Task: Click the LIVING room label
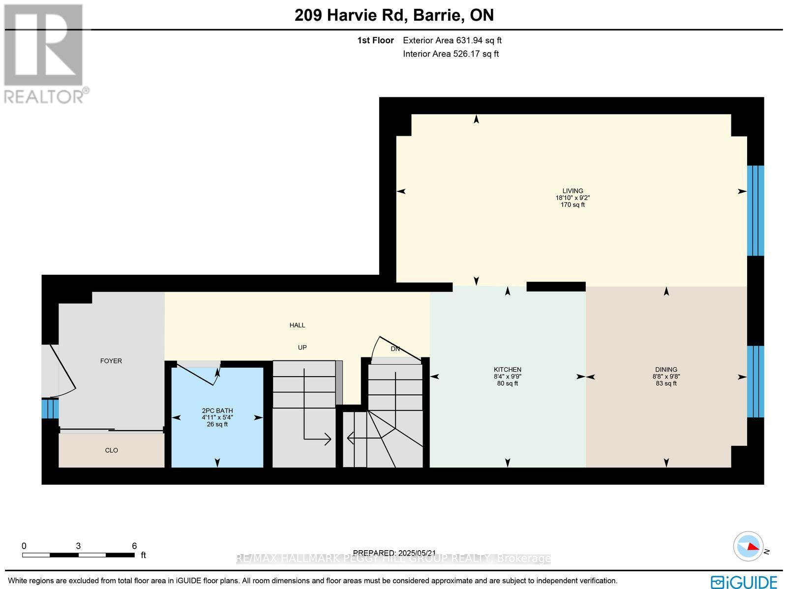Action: [x=573, y=191]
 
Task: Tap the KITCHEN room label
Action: [x=508, y=370]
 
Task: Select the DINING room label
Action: [x=666, y=370]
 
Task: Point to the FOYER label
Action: [x=111, y=361]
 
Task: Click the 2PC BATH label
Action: [x=217, y=411]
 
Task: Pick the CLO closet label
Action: [x=112, y=450]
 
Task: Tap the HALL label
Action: [x=297, y=325]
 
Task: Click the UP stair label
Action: [x=302, y=348]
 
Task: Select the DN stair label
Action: [x=395, y=349]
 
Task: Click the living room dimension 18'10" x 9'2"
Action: [x=573, y=198]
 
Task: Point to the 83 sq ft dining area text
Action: [x=666, y=383]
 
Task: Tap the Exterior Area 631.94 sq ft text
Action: [x=452, y=41]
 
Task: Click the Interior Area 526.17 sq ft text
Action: [x=451, y=54]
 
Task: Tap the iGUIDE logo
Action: [x=744, y=582]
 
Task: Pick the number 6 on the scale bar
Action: [x=134, y=546]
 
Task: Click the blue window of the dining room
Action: [x=756, y=382]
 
